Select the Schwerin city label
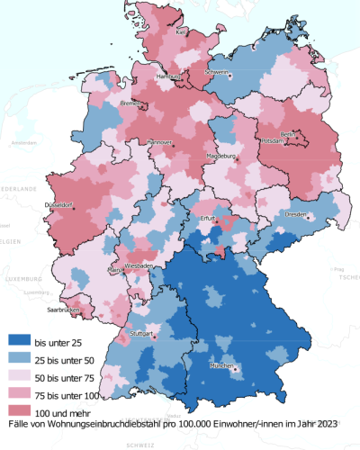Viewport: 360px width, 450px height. point(216,72)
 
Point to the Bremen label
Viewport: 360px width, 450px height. point(130,104)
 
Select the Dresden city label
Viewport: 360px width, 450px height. point(297,215)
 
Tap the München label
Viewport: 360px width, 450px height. point(222,367)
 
